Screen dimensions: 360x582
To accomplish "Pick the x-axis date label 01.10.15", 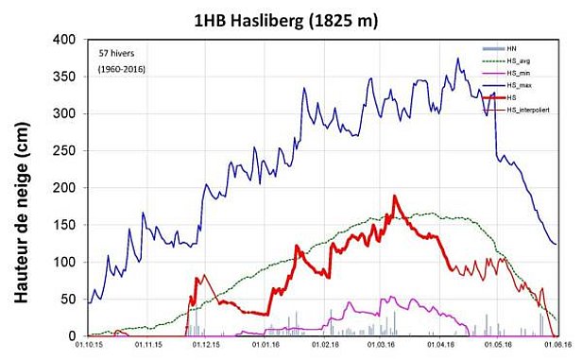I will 88,346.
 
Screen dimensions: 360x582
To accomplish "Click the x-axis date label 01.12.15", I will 203,346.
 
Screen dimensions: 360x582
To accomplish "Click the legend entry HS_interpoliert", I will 530,111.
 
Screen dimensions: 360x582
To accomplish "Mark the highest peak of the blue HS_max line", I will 457,59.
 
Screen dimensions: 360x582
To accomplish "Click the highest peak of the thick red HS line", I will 394,197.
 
